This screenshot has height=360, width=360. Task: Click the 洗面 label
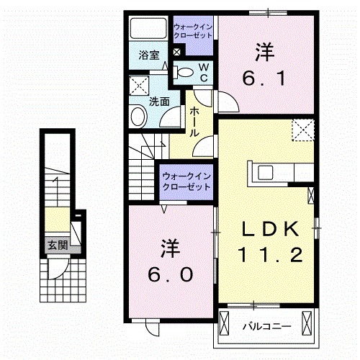159,102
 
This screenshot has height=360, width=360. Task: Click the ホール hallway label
194,123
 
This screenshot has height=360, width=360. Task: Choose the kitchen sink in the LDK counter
264,172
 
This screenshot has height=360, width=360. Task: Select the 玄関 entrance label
57,246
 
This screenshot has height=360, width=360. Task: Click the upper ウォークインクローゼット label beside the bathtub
192,32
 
